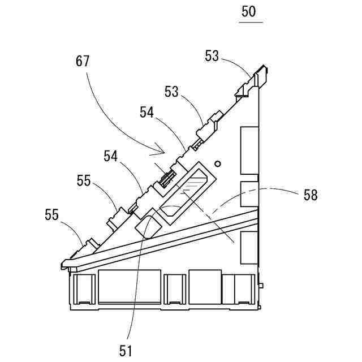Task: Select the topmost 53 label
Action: [x=212, y=55]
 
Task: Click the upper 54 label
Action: [x=148, y=113]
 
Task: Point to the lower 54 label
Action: [x=111, y=154]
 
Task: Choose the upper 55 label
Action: [x=84, y=181]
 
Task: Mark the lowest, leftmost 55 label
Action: [x=53, y=215]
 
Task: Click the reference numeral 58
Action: [x=311, y=196]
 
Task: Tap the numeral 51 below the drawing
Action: [x=126, y=351]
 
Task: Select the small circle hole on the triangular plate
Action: [x=218, y=163]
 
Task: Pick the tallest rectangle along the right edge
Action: [x=249, y=150]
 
